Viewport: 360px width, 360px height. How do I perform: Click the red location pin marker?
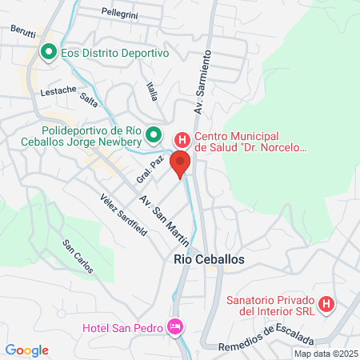point(180,163)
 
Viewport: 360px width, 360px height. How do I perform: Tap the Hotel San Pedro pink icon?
point(174,326)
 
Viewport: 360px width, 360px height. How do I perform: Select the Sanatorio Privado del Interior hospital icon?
point(326,304)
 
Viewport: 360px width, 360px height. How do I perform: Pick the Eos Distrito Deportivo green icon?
point(48,53)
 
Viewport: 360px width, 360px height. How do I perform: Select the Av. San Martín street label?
point(165,219)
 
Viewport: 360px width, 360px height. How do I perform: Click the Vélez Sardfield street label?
point(123,215)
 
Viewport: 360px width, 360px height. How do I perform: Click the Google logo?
point(27,350)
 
